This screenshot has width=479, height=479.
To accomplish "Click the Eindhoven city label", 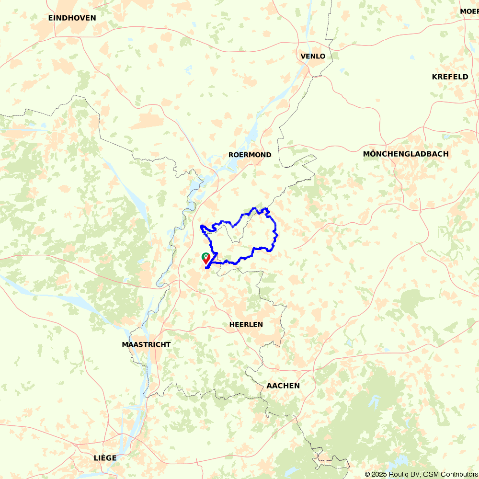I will (72, 18).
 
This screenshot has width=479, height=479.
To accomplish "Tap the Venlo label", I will (313, 57).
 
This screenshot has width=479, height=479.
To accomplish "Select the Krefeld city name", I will (450, 77).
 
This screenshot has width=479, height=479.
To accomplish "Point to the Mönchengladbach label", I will (406, 154).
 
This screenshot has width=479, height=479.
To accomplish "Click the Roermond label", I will (250, 155).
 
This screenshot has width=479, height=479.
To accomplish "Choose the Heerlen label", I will (246, 324).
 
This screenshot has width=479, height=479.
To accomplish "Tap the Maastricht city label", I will (146, 344).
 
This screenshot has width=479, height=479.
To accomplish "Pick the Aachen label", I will (283, 386).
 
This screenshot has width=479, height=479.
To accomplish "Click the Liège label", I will (105, 458).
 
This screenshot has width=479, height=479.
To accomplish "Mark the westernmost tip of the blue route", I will (200, 226).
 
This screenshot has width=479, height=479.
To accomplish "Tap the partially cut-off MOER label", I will (469, 11).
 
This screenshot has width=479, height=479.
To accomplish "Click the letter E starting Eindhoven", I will (51, 18).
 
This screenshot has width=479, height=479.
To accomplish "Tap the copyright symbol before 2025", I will (367, 474).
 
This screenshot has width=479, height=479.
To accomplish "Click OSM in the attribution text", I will (427, 474).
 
